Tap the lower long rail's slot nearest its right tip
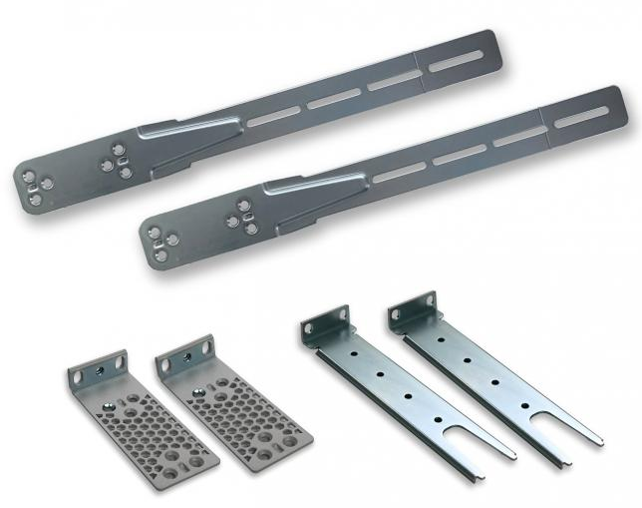click(580, 118)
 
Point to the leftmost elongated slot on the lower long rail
click(399, 172)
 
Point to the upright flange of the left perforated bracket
click(97, 370)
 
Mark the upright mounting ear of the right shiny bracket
click(412, 308)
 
